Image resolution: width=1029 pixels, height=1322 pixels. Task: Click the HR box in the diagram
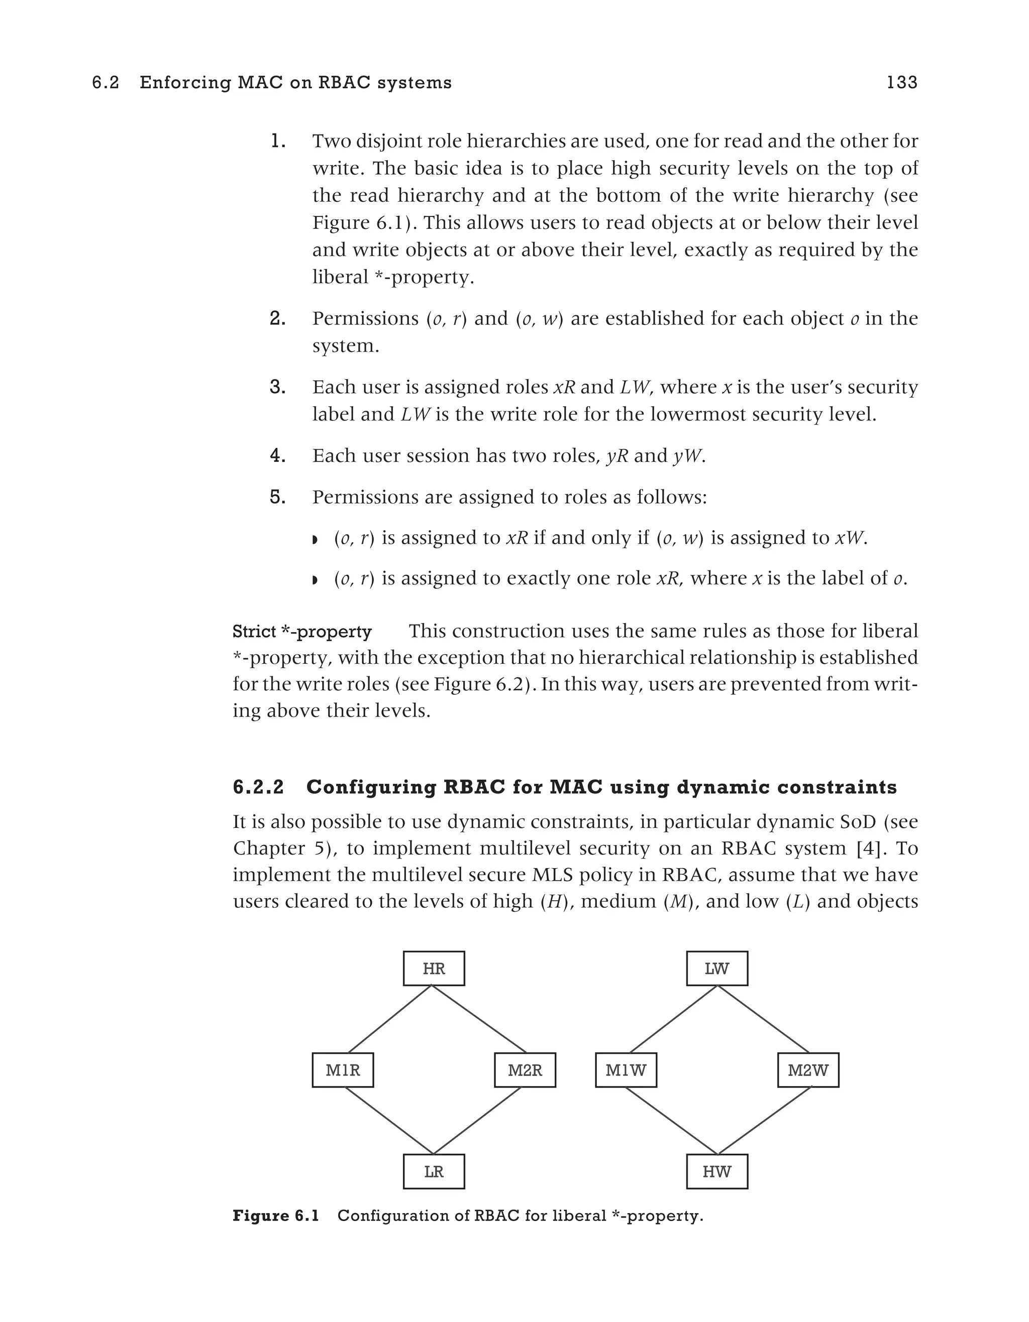click(434, 969)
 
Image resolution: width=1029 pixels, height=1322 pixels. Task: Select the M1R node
click(343, 1070)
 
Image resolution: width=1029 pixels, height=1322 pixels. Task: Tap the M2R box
click(525, 1070)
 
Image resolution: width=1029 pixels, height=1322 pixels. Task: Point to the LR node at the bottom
click(434, 1171)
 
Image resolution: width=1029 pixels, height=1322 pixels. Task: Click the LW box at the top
click(716, 969)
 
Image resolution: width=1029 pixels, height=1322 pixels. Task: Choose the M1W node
click(626, 1070)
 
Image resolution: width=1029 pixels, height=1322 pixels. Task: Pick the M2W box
click(808, 1070)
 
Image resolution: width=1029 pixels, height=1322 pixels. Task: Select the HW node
click(716, 1171)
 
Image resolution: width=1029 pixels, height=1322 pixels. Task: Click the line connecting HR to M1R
click(390, 1019)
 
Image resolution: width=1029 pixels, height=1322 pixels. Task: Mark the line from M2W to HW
click(764, 1121)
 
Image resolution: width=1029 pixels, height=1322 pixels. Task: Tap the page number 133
click(902, 82)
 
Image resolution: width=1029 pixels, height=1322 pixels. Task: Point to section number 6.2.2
click(258, 787)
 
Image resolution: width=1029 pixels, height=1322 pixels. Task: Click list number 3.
click(277, 387)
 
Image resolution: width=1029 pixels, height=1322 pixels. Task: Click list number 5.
click(277, 497)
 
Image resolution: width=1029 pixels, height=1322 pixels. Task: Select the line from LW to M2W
click(763, 1019)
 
